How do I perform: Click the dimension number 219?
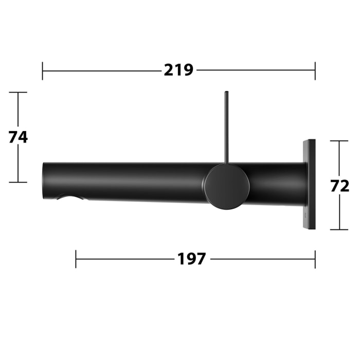(178, 70)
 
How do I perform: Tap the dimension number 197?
(192, 259)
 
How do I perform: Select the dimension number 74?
(18, 137)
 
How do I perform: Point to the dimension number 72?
(339, 186)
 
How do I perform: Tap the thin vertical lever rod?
(226, 129)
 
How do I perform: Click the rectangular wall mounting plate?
(309, 184)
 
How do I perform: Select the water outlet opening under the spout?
(72, 198)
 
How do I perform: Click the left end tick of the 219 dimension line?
(43, 70)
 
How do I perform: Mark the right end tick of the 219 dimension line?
(315, 70)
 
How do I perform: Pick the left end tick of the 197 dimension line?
(76, 259)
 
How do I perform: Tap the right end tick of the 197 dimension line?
(315, 259)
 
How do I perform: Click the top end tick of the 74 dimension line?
(18, 93)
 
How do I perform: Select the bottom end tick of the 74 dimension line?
(18, 182)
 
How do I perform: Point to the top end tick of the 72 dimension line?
(339, 141)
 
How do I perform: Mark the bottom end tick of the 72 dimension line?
(339, 229)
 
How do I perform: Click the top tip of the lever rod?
(226, 93)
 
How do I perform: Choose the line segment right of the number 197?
(262, 259)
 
